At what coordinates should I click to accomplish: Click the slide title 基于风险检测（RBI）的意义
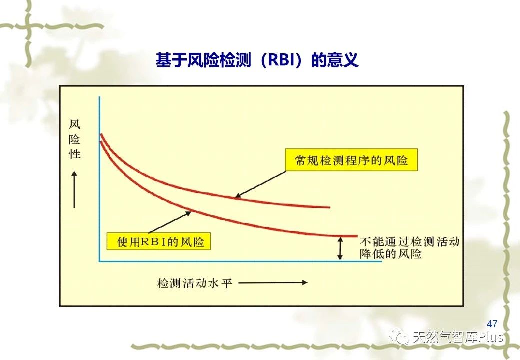point(257,60)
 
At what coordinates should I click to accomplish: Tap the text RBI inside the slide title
point(281,60)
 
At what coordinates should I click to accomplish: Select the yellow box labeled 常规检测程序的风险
point(351,160)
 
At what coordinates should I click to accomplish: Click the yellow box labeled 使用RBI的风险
point(158,241)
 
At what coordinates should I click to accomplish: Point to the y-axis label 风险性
point(75,139)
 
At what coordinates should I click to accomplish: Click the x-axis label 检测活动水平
point(194,283)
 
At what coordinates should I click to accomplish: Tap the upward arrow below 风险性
point(74,189)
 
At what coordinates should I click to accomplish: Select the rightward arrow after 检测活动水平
point(273,283)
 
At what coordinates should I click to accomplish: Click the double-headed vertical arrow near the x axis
point(340,248)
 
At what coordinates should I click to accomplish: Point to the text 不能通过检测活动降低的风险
point(410,248)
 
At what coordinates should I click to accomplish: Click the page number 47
point(492,323)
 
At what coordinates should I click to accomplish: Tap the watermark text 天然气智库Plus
point(458,337)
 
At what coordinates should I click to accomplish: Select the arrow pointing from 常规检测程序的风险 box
point(260,185)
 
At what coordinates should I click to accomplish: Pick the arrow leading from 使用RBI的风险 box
point(170,222)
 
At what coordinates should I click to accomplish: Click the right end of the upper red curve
point(330,207)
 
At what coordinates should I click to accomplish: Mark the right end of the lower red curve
point(357,236)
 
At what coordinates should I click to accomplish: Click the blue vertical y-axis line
point(99,179)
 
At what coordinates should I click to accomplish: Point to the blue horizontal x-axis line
point(241,261)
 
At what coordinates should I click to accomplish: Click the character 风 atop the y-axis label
point(75,124)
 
